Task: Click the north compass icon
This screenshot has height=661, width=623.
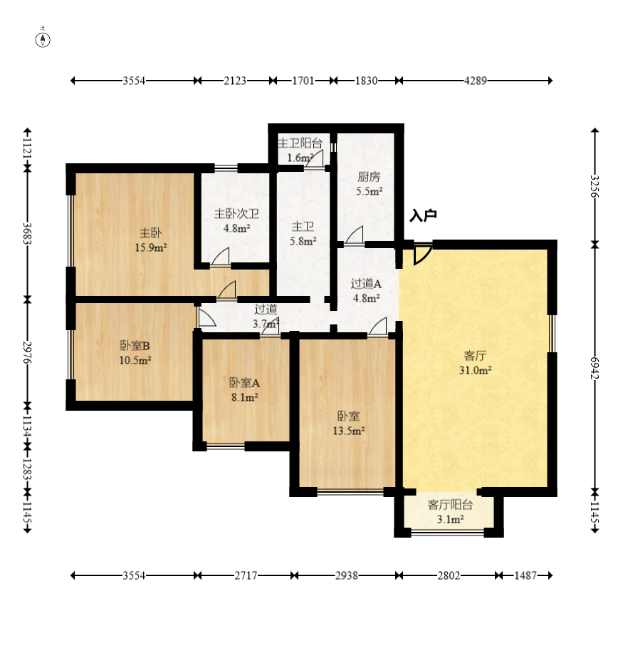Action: (43, 39)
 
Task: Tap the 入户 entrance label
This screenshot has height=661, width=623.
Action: (423, 215)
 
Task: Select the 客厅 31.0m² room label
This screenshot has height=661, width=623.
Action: (475, 362)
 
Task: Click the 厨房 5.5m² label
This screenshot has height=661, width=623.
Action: (369, 184)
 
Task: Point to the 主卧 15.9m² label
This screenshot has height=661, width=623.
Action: (151, 240)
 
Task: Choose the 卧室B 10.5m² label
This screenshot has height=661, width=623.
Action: (135, 353)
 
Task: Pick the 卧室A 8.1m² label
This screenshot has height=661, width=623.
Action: (244, 389)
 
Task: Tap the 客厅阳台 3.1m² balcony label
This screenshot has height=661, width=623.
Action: (450, 512)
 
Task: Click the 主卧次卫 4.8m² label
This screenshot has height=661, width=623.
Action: (236, 221)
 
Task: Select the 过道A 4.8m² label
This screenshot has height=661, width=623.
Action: (366, 291)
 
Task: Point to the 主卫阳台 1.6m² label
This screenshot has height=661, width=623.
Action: (300, 150)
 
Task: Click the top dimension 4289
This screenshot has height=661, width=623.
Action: (476, 81)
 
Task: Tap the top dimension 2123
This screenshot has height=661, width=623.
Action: (235, 81)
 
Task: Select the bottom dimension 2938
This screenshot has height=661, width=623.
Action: (347, 575)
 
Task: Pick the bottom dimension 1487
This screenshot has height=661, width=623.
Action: (525, 575)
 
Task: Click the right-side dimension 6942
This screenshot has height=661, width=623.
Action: (595, 368)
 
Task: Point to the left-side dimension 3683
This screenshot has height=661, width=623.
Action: (27, 234)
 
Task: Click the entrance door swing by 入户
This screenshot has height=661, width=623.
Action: (423, 254)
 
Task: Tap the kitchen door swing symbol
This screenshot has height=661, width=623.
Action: (354, 235)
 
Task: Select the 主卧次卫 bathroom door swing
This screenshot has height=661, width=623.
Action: (221, 257)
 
